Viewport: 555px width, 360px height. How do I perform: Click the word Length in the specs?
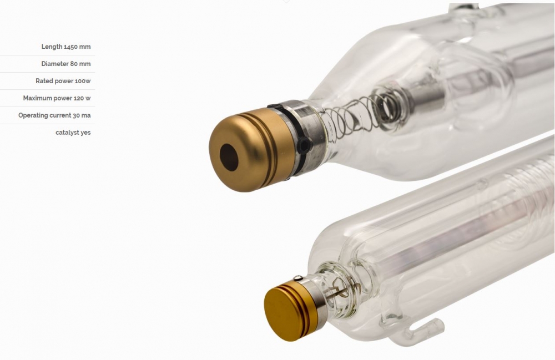coord(51,47)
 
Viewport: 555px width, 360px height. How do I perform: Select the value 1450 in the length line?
coord(71,47)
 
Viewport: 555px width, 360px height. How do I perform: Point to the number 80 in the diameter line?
coord(74,64)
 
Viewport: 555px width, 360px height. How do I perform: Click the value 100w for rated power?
coord(83,81)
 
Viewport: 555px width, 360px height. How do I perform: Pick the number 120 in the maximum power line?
coord(78,98)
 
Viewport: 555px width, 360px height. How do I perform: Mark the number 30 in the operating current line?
coord(76,115)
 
